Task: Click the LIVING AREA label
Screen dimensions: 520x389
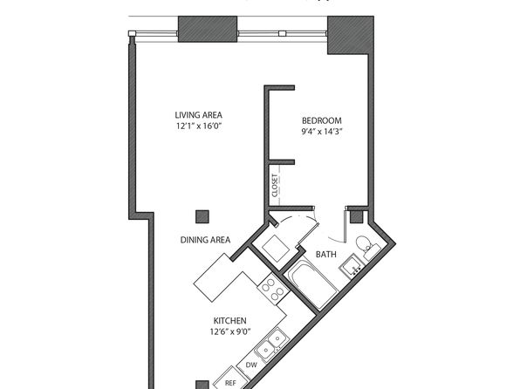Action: (x=198, y=115)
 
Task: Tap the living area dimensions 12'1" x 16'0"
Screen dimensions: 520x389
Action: (x=199, y=126)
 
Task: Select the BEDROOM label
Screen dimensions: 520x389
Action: (x=321, y=120)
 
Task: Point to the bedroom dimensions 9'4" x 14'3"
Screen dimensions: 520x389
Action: (x=321, y=132)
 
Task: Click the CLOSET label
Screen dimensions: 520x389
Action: (x=275, y=186)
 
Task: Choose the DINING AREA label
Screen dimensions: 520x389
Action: (x=205, y=240)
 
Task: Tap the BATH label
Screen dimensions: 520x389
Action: (x=326, y=255)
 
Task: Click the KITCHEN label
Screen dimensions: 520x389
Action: (x=229, y=321)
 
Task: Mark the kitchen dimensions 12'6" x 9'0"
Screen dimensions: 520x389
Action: (x=230, y=331)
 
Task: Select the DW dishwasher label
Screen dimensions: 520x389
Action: (x=251, y=365)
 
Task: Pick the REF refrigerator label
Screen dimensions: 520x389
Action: (x=230, y=383)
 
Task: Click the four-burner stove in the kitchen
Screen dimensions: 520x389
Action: (x=273, y=288)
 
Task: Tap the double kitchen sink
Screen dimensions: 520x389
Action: (x=272, y=344)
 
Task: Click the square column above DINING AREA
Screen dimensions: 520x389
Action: (x=202, y=216)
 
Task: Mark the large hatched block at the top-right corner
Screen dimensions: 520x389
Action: (x=351, y=35)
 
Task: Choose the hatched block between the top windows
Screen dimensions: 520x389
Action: (x=208, y=29)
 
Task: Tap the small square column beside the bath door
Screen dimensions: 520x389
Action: (x=357, y=216)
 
